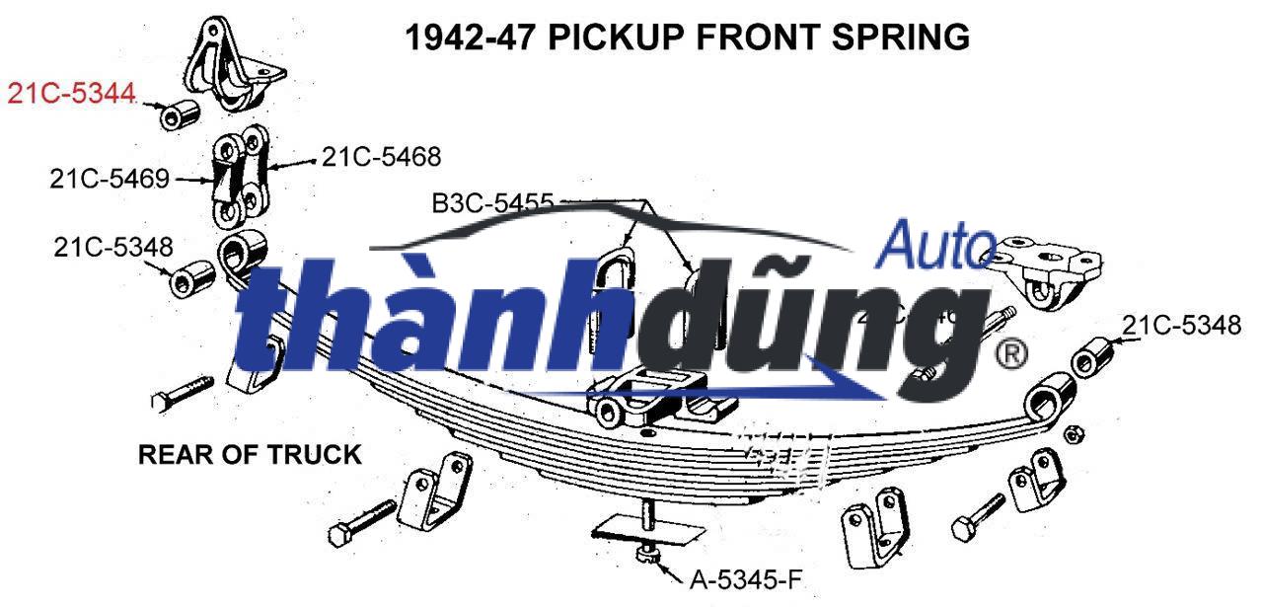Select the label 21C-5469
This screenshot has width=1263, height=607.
coord(110,179)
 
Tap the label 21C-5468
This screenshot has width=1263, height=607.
coord(381,157)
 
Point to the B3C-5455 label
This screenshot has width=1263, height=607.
coord(492,203)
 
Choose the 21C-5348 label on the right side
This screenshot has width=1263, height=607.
coord(1181,326)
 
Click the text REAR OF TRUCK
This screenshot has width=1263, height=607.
coord(249,455)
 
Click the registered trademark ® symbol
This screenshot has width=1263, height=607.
coord(1010,353)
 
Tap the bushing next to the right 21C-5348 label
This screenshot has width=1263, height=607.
coord(1091,358)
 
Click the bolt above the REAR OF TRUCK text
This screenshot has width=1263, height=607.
coord(184,393)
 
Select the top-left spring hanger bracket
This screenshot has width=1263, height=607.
coord(235,64)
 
